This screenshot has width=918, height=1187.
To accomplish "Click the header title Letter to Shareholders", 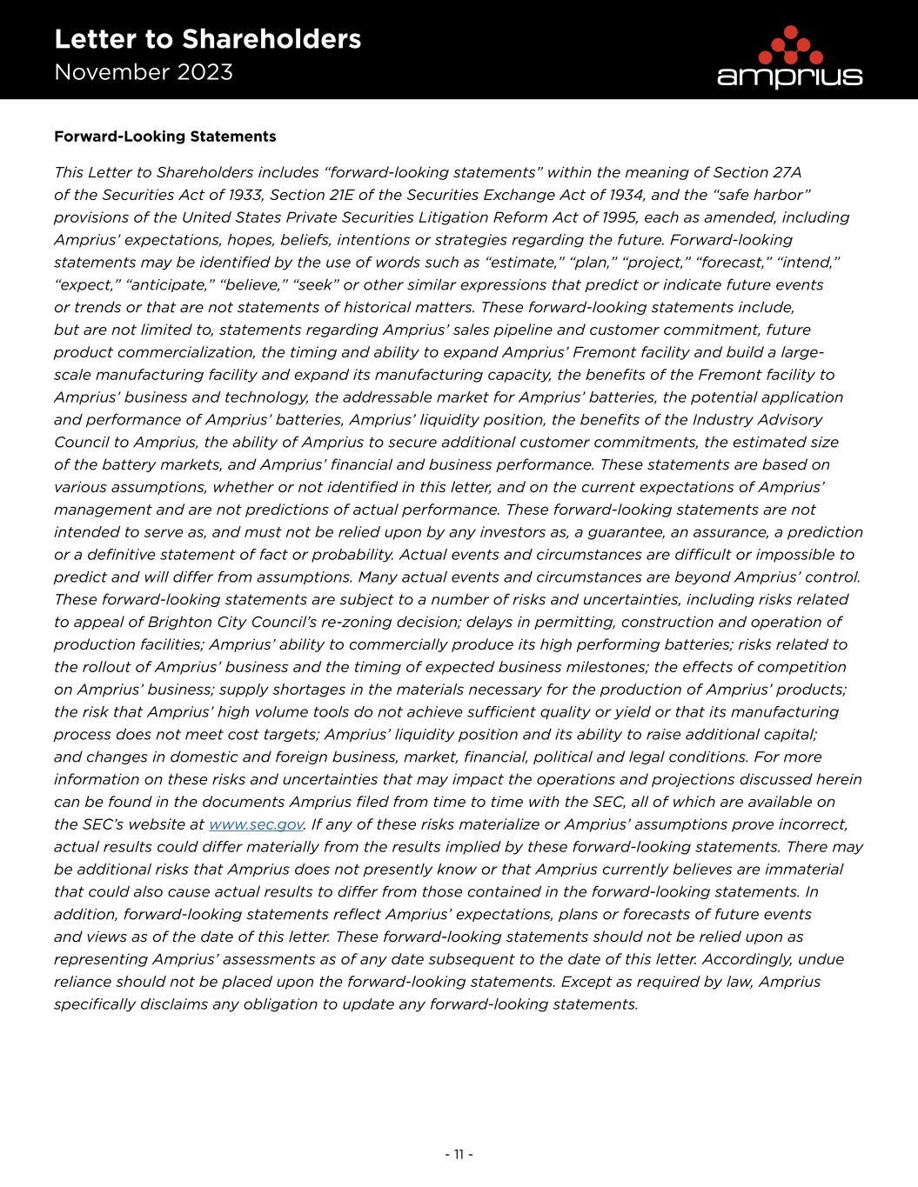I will point(207,39).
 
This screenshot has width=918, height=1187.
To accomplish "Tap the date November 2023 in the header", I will point(144,72).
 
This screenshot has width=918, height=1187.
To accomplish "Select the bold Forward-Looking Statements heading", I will point(165,137).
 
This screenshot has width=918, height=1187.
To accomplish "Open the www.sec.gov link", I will point(256,824).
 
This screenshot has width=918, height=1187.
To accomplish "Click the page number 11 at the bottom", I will point(459,1155).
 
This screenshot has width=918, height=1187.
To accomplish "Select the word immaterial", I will point(800,870).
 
